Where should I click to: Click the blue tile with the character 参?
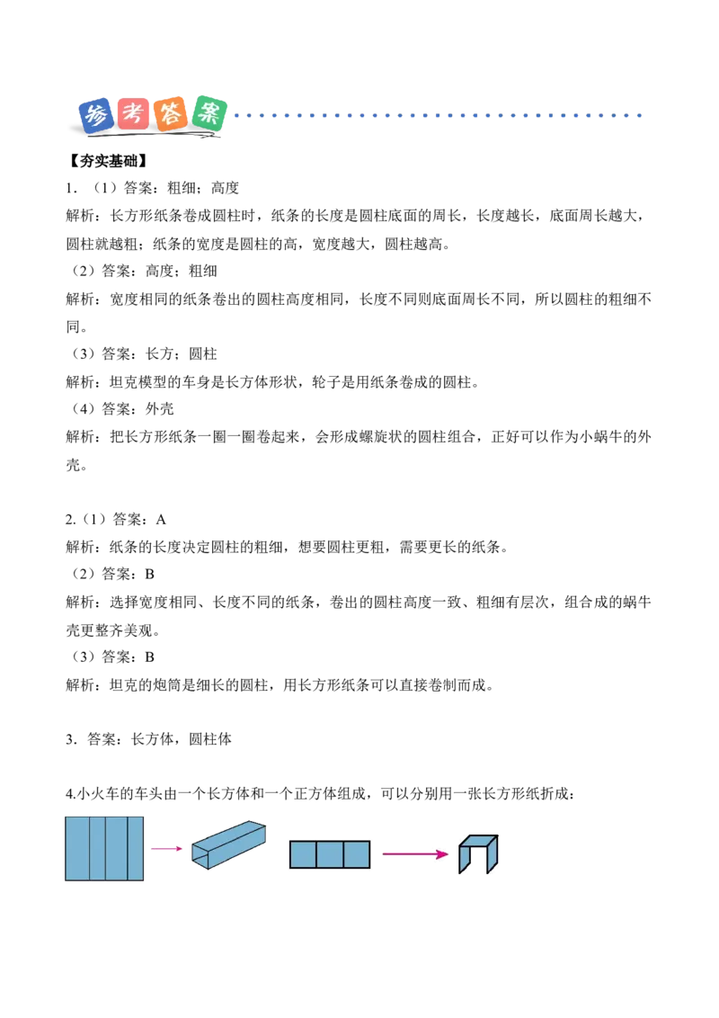click(x=95, y=115)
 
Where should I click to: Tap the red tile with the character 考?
click(x=133, y=114)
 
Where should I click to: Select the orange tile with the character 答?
click(x=171, y=114)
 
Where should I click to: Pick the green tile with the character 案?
click(x=210, y=112)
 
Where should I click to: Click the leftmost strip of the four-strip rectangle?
click(x=77, y=848)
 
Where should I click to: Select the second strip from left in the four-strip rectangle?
click(x=97, y=848)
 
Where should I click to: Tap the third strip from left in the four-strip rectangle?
click(x=116, y=848)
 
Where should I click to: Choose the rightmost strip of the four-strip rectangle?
click(x=135, y=848)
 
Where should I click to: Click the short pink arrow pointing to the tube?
click(x=166, y=848)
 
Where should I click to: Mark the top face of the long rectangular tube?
click(x=228, y=832)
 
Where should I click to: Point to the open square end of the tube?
click(x=200, y=858)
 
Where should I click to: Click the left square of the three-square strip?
click(x=303, y=854)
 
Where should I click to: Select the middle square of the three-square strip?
click(x=330, y=854)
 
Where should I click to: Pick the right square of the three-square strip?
click(x=357, y=854)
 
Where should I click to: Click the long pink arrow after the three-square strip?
click(x=414, y=853)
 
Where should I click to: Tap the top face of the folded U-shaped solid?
click(x=478, y=841)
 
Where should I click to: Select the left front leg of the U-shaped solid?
click(x=465, y=860)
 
